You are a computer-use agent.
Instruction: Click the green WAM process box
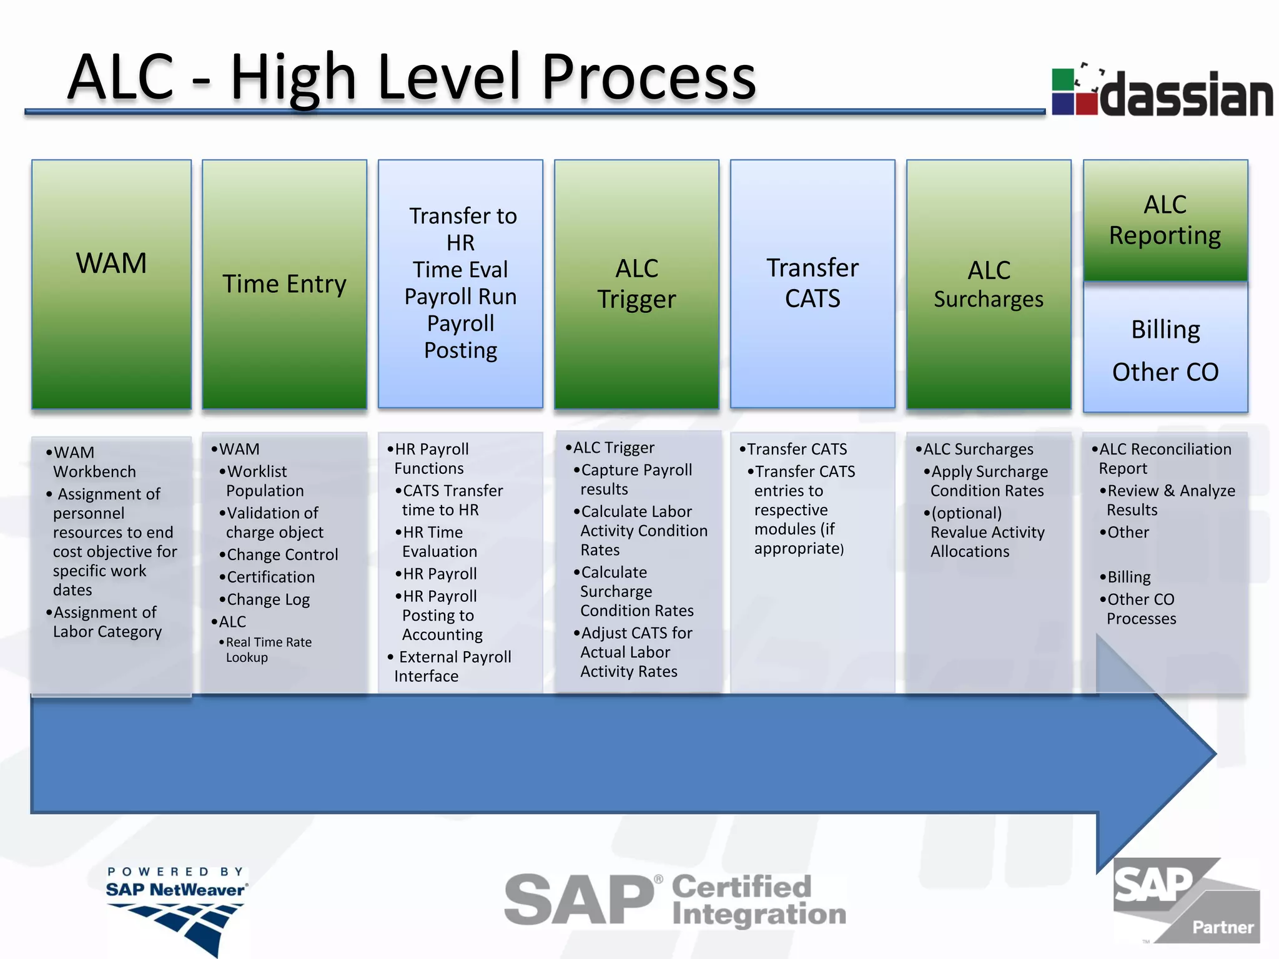tap(111, 284)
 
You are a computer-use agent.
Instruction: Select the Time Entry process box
tap(284, 284)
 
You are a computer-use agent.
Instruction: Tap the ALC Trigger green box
tap(636, 284)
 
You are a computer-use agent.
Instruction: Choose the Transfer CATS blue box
tap(812, 284)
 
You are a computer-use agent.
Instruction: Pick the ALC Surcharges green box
tap(989, 284)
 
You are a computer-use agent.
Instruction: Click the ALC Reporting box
tap(1165, 220)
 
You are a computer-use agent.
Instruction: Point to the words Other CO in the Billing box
tap(1165, 372)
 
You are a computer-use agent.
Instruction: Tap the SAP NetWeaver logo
tap(177, 908)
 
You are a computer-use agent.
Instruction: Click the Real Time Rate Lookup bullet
tap(269, 649)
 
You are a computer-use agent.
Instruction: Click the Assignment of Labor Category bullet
tap(106, 622)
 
